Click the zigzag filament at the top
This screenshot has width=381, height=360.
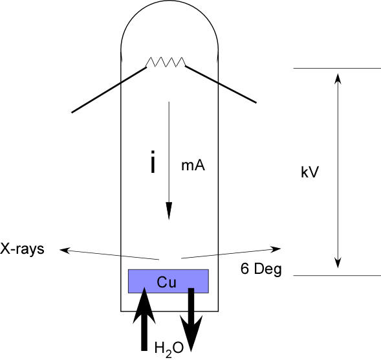tap(166, 62)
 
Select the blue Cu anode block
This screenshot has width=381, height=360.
tap(168, 281)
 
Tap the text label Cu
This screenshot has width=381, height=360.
tap(166, 282)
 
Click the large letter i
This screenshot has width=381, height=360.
tap(153, 162)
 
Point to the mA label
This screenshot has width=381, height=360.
tap(193, 166)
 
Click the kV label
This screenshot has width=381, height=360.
tap(310, 172)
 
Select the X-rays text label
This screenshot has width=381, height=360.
tap(22, 249)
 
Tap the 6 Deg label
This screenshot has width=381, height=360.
tap(261, 269)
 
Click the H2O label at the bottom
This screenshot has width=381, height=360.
tap(169, 350)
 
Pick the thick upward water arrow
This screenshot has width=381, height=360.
tap(144, 319)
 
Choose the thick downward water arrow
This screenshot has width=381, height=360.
tap(191, 320)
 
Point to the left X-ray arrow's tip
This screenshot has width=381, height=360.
tap(60, 249)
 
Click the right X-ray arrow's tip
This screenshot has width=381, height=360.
tap(281, 249)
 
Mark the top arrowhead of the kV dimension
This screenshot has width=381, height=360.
tap(338, 73)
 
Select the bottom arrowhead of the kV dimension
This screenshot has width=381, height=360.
tap(338, 268)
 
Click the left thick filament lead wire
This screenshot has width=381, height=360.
tap(109, 90)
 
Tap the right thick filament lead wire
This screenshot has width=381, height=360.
tap(221, 84)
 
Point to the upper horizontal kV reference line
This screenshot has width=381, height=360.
tap(337, 69)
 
